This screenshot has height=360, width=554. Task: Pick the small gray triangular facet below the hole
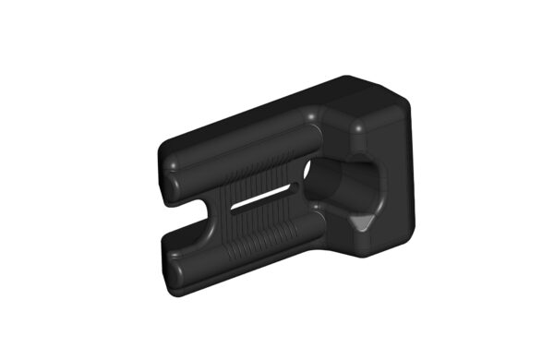tap(363, 223)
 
